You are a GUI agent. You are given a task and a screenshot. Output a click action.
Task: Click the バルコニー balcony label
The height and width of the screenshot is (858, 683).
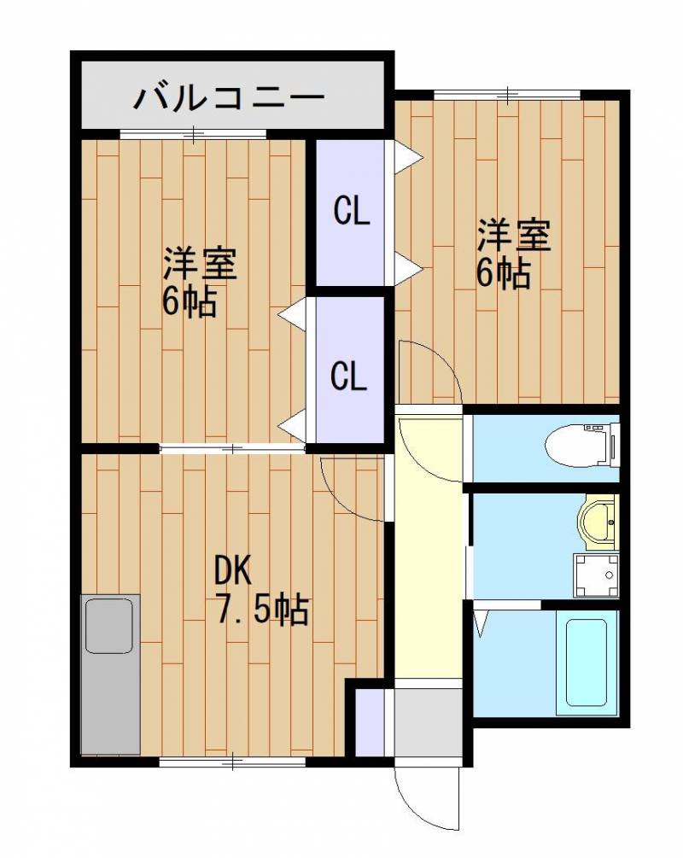click(x=230, y=97)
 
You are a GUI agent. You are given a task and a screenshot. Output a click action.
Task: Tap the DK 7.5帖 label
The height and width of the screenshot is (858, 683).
click(x=260, y=590)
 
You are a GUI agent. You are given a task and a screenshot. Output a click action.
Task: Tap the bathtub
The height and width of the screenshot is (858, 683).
click(x=587, y=662)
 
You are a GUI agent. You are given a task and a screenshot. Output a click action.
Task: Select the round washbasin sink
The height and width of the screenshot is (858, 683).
click(x=598, y=522)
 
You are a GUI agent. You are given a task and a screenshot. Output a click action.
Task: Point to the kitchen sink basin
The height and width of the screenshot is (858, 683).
click(x=109, y=626)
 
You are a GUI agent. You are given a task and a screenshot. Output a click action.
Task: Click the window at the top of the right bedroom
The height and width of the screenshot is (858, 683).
click(x=507, y=95)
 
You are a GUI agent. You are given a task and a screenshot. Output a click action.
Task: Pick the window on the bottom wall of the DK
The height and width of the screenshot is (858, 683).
click(x=232, y=762)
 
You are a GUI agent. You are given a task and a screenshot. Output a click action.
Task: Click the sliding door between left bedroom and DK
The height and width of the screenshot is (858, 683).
click(x=233, y=449)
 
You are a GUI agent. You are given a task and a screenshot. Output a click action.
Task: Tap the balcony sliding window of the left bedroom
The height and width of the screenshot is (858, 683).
click(x=193, y=133)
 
